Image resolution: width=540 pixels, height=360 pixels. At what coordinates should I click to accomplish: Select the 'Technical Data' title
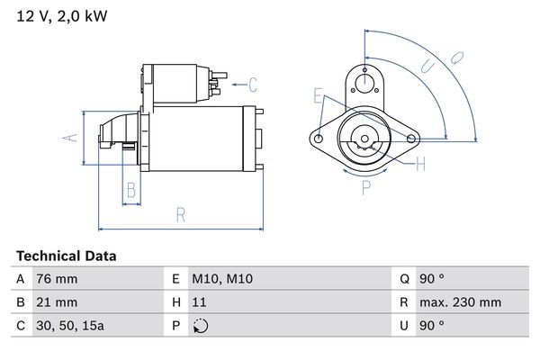[66, 256]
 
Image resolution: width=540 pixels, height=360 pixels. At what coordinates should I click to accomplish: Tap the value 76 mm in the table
[56, 279]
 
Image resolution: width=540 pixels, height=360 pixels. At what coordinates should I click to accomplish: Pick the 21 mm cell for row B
[56, 302]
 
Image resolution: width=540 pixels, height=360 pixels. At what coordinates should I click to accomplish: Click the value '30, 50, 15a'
[69, 326]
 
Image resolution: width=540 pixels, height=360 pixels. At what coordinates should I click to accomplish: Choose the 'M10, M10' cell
[221, 279]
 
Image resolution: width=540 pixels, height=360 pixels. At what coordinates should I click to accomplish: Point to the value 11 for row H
[198, 302]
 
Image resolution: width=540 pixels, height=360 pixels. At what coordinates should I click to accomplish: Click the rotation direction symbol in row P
[200, 326]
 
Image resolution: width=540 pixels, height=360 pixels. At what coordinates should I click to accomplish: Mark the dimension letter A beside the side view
[67, 138]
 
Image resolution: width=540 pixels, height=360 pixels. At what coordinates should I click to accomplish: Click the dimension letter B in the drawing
[130, 190]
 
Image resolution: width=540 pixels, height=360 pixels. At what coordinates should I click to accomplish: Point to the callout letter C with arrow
[253, 85]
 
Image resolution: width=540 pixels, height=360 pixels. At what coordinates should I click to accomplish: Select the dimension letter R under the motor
[180, 214]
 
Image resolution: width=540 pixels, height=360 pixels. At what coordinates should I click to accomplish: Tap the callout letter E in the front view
[318, 95]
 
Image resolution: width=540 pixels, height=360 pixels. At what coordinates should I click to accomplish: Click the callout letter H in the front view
[419, 163]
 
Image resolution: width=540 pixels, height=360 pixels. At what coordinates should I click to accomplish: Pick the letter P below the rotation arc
[366, 188]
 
